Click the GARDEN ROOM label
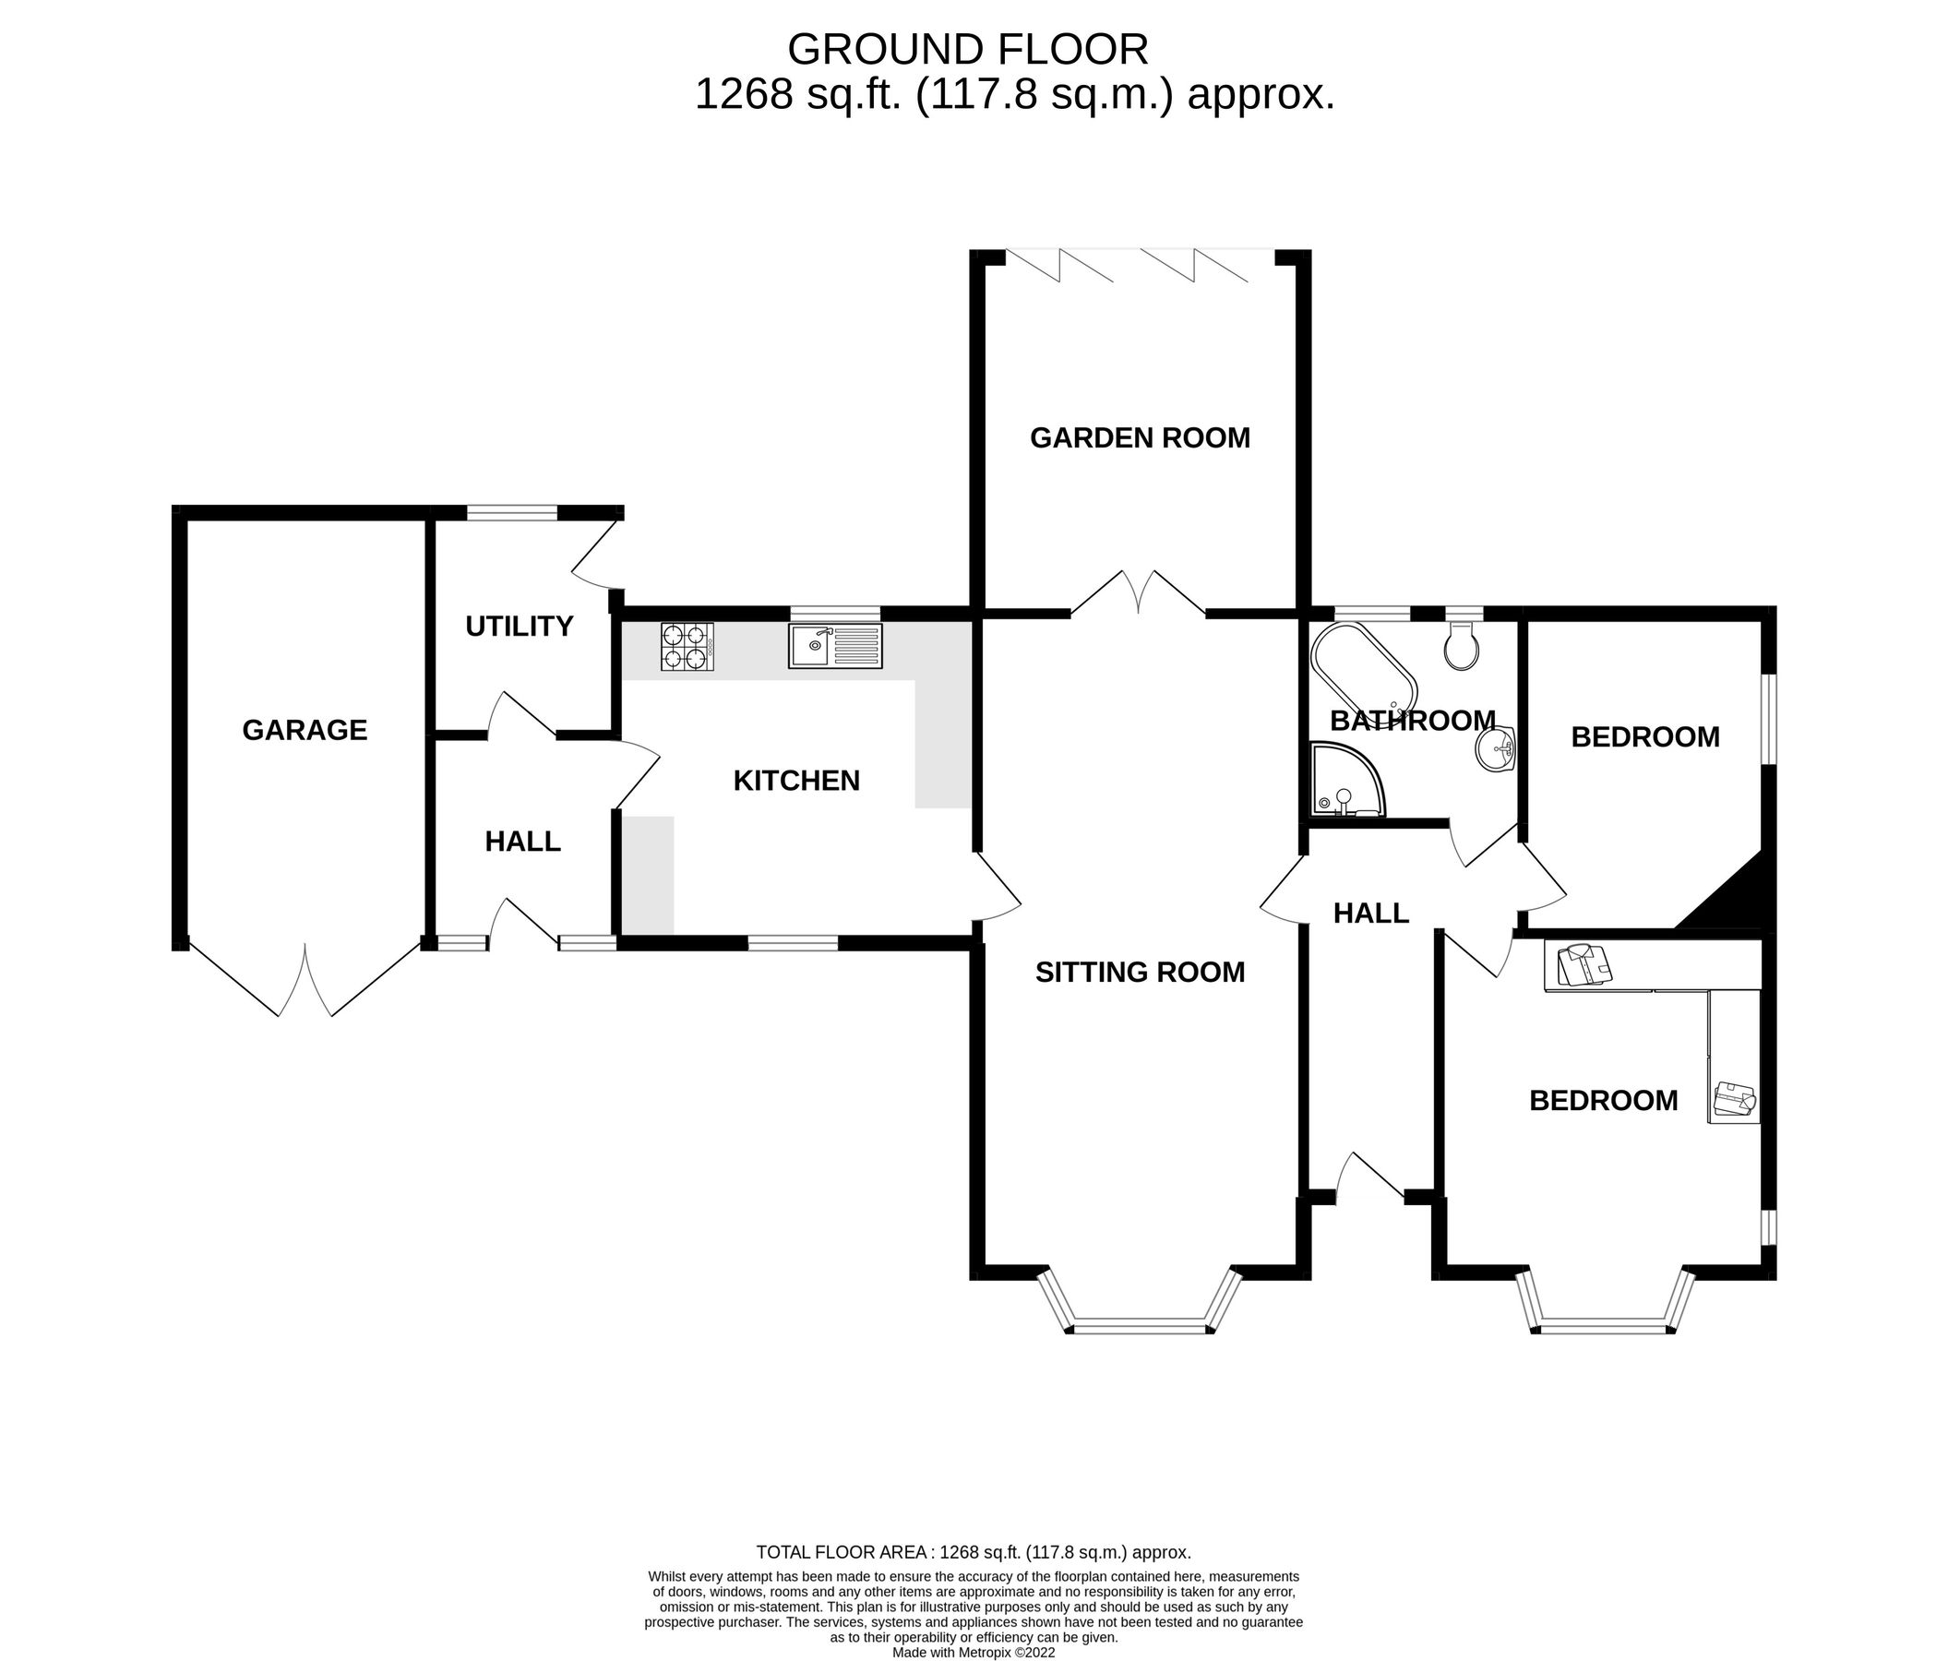[x=1140, y=438]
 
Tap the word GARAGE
[x=305, y=731]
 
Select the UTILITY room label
[x=519, y=626]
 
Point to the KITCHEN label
[x=796, y=782]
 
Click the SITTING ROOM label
[x=1140, y=972]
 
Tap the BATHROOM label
[x=1412, y=721]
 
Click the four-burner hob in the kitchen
[x=687, y=647]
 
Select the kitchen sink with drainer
[x=835, y=647]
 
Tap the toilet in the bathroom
[x=1461, y=647]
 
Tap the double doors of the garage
[x=305, y=983]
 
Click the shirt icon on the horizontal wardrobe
[x=1583, y=966]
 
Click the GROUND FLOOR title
[x=967, y=49]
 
